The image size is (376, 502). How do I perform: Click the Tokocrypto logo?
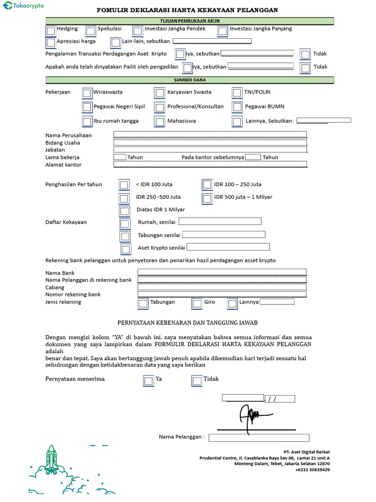pos(23,6)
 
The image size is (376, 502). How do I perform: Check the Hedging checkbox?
pos(51,31)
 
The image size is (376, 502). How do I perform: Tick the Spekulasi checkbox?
pos(91,31)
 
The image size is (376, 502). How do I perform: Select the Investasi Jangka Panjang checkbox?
pos(222,31)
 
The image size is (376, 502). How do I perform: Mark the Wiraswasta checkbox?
pos(87,93)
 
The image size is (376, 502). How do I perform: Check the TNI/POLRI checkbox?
pos(237,93)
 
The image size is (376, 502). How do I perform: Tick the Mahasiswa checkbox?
pos(160,122)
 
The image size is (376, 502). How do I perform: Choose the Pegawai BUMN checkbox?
pos(237,107)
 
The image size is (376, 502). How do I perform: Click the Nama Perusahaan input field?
pos(210,135)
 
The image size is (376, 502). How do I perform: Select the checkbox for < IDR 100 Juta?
pos(124,185)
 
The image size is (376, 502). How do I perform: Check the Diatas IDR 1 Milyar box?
pos(125,211)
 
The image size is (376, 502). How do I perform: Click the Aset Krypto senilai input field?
pos(228,247)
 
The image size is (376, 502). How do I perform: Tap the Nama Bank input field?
pos(222,272)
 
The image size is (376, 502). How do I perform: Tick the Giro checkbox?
pos(197,303)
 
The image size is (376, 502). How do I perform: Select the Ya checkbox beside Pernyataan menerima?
pos(148,380)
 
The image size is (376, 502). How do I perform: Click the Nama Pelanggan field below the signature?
pos(259,438)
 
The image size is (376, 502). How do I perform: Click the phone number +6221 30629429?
pos(312,470)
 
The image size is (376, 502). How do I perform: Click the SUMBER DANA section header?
pos(190,80)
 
